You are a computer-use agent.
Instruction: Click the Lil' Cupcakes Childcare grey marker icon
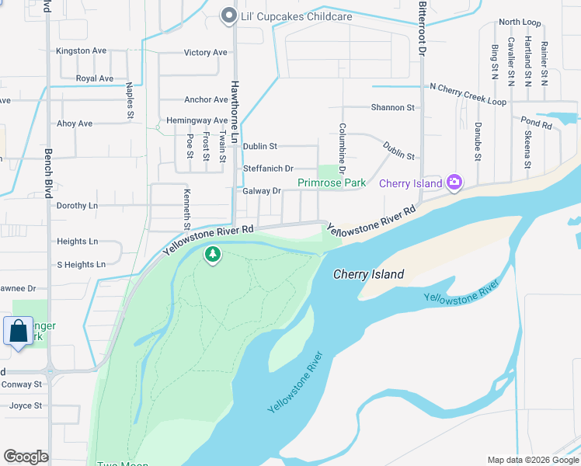point(228,16)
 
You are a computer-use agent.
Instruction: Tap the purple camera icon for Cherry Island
point(454,183)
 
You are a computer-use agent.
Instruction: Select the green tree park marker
point(212,254)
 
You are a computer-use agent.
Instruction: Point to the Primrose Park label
point(332,183)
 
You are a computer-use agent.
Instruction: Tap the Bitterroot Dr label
point(423,27)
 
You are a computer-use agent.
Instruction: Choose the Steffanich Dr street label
point(268,169)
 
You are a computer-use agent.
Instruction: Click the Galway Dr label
point(262,191)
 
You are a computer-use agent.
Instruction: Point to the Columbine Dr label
point(341,148)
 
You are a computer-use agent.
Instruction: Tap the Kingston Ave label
point(81,51)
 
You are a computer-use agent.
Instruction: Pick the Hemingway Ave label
point(197,121)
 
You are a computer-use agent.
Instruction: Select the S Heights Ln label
point(81,265)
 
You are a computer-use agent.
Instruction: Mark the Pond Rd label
point(536,123)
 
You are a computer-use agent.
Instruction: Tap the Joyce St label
point(26,405)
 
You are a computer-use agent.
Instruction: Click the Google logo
point(26,457)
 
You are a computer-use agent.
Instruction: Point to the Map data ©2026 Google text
point(532,460)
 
